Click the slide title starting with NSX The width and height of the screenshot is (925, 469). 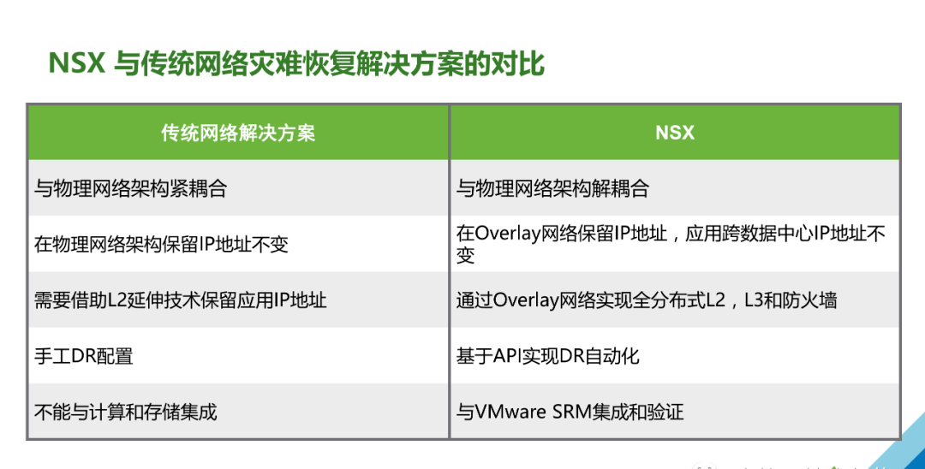pos(296,63)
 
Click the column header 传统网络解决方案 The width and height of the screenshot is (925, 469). pos(238,134)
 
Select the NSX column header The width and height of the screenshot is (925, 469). pos(675,134)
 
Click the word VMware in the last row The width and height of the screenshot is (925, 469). pos(510,412)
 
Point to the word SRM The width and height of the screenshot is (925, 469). pos(571,412)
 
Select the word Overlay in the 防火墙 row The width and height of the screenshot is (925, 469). pos(526,301)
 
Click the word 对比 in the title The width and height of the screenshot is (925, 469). pos(526,63)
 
